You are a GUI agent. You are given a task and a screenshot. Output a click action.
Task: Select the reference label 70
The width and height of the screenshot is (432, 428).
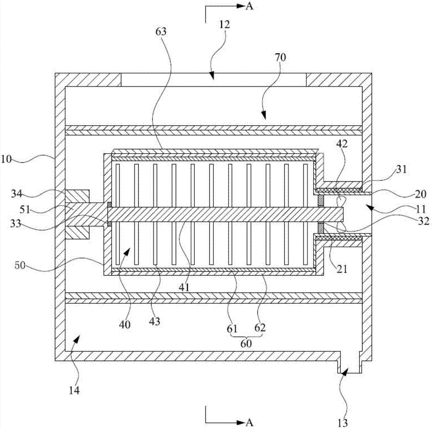point(280,57)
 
